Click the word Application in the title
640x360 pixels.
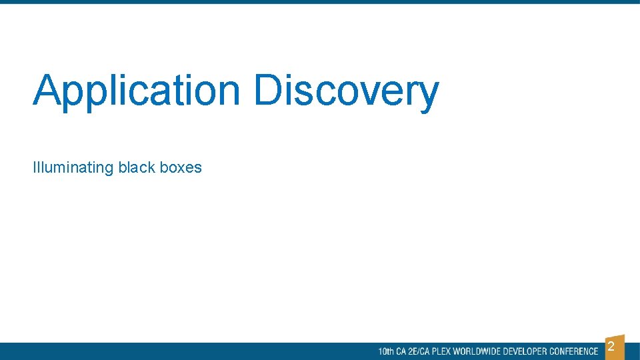(137, 91)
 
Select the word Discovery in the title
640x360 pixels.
(346, 91)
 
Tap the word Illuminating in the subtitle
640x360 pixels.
(73, 167)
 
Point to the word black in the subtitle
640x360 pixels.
(137, 167)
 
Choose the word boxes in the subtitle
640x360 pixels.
(181, 167)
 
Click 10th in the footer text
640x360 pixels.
(386, 351)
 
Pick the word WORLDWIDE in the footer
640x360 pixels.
(477, 351)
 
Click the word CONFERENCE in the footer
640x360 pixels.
(573, 351)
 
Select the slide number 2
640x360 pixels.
(611, 347)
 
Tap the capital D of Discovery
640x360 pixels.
(269, 91)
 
